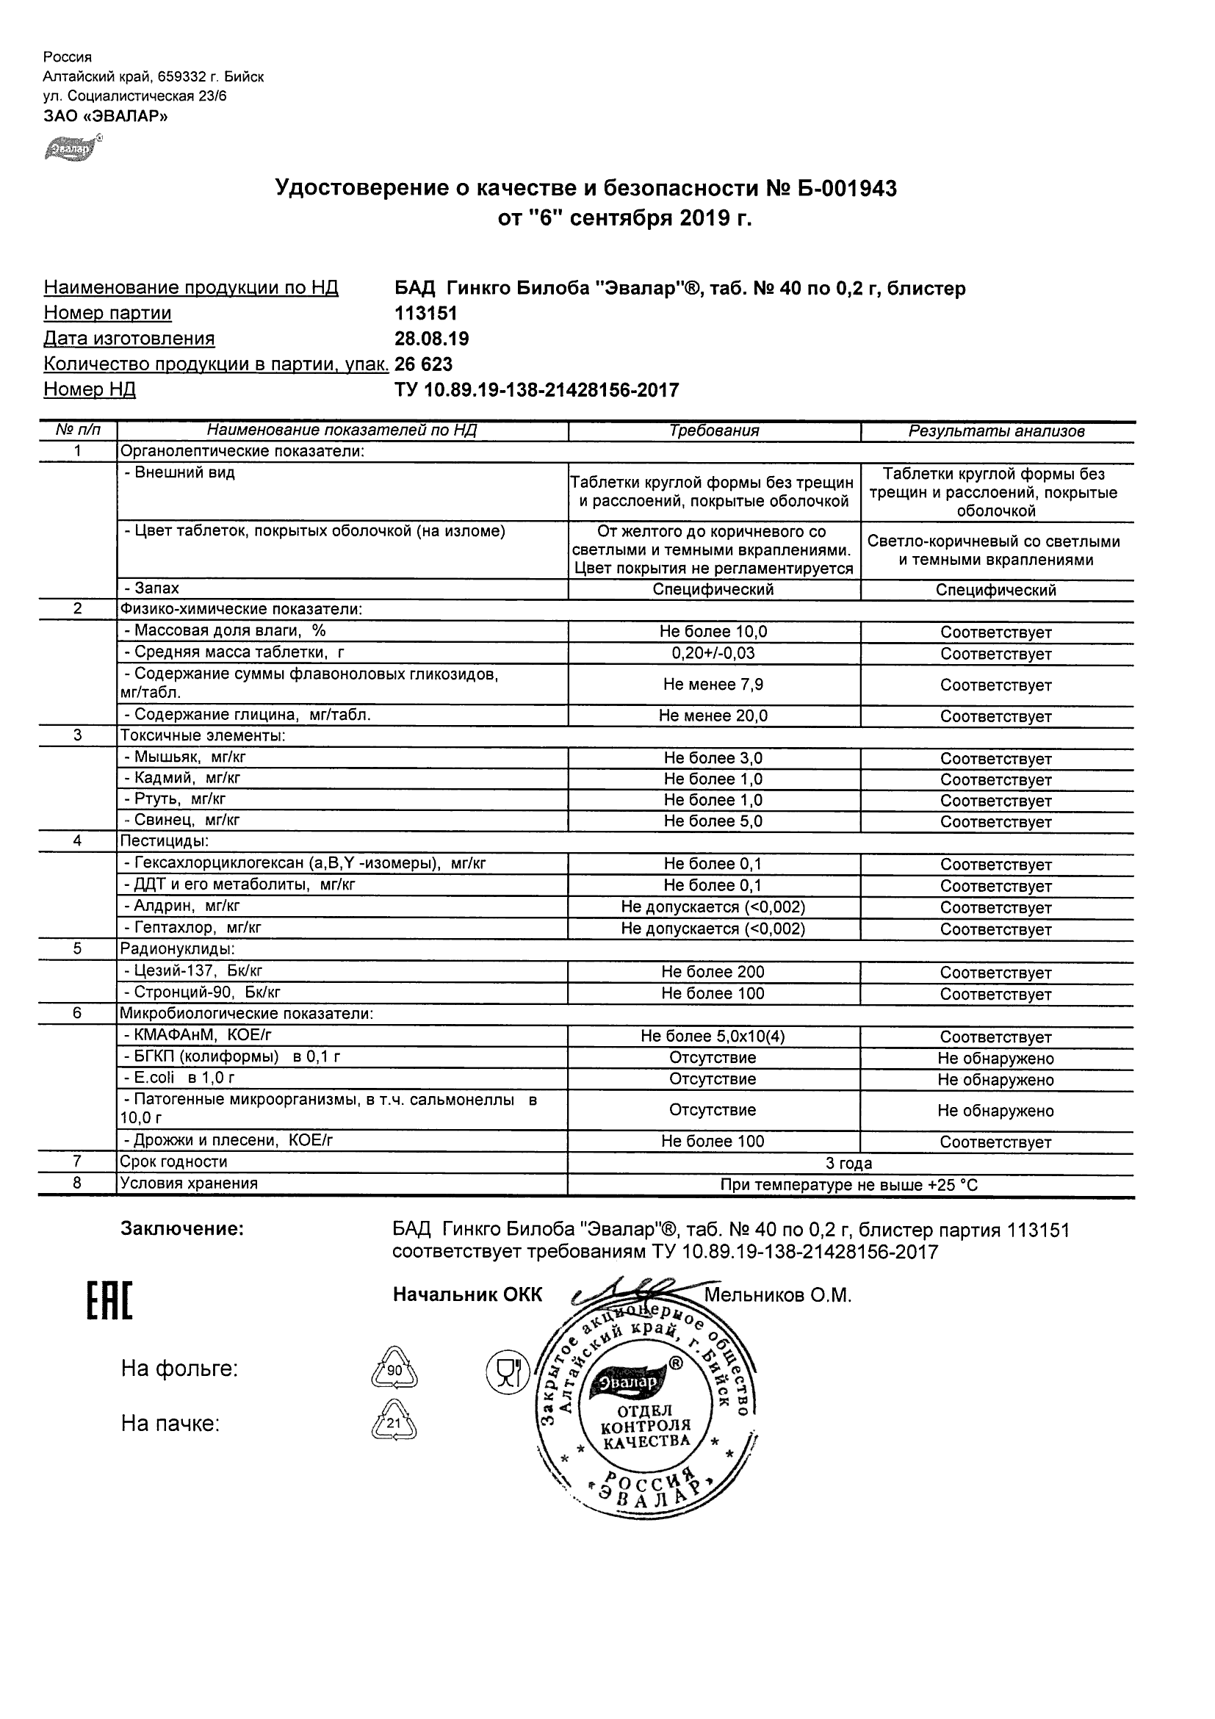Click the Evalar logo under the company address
[72, 148]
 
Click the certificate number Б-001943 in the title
[847, 188]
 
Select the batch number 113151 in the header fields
[425, 313]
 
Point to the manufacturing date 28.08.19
[431, 339]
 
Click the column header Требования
[713, 430]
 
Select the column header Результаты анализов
[995, 431]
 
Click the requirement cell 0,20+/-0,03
[713, 653]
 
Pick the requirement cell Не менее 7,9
[713, 685]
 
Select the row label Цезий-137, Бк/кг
[193, 971]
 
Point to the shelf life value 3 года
[848, 1163]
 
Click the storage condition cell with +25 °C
[848, 1184]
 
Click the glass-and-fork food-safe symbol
[508, 1372]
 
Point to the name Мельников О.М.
[777, 1295]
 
